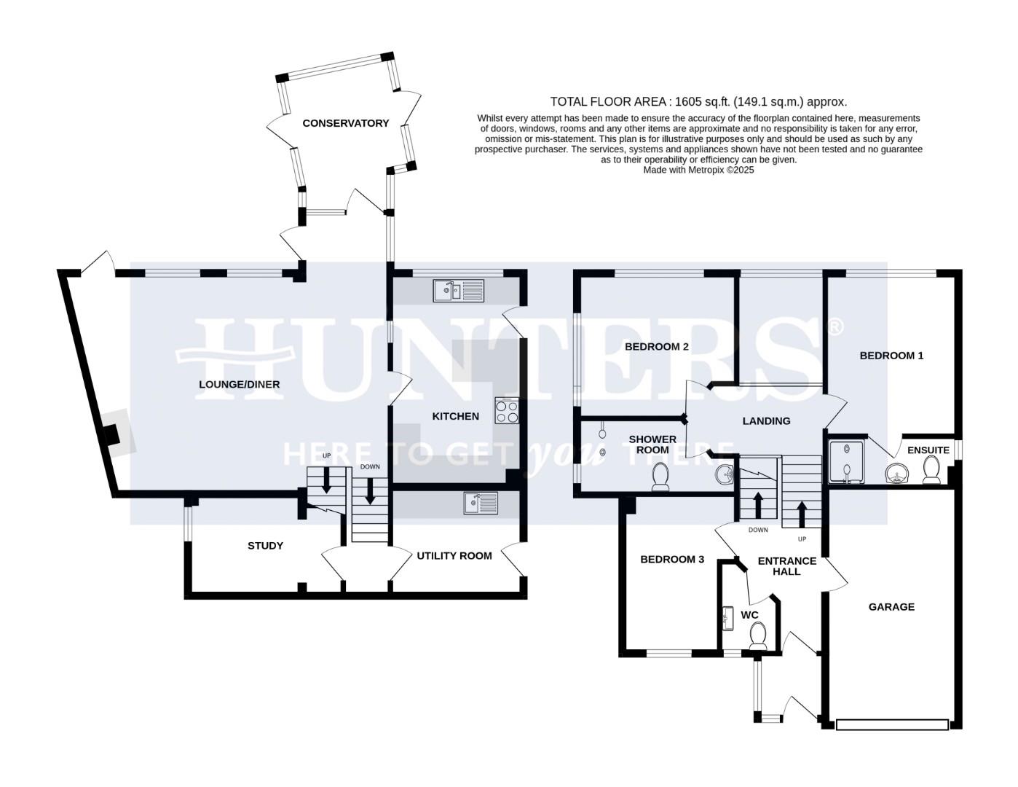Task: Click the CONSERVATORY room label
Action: [x=345, y=123]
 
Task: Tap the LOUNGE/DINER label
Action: [x=240, y=384]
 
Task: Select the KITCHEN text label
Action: [x=455, y=416]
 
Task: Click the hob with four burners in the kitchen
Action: [x=507, y=412]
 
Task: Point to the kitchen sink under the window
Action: [x=458, y=290]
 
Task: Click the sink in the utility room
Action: [x=481, y=503]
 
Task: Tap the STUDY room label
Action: [x=265, y=546]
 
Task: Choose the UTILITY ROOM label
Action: [x=454, y=555]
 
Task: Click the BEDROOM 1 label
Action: [x=891, y=356]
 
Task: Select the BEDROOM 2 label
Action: [x=656, y=346]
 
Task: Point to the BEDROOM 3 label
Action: [x=671, y=560]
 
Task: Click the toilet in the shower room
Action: [x=661, y=478]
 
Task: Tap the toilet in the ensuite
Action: [x=931, y=472]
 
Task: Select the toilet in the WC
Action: [x=758, y=635]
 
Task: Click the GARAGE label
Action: [x=891, y=606]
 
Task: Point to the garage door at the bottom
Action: [x=892, y=724]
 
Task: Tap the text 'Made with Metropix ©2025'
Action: [x=698, y=170]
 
